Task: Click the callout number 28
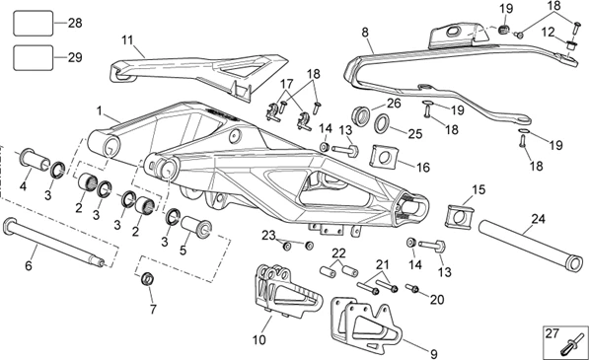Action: pyautogui.click(x=75, y=23)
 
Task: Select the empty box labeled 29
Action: pyautogui.click(x=34, y=57)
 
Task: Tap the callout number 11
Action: pyautogui.click(x=127, y=39)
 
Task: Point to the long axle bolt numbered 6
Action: pyautogui.click(x=53, y=242)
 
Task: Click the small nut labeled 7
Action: pyautogui.click(x=148, y=279)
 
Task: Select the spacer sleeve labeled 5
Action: pyautogui.click(x=197, y=227)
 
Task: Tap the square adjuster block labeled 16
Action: pyautogui.click(x=383, y=156)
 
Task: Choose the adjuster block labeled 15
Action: pyautogui.click(x=459, y=216)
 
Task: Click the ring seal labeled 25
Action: pyautogui.click(x=383, y=123)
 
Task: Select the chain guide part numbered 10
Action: pyautogui.click(x=287, y=289)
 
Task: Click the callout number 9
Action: pyautogui.click(x=433, y=354)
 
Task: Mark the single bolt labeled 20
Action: pyautogui.click(x=412, y=288)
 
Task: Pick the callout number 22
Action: pyautogui.click(x=338, y=253)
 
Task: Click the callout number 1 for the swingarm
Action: pyautogui.click(x=100, y=111)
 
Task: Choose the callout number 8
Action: pyautogui.click(x=365, y=33)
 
